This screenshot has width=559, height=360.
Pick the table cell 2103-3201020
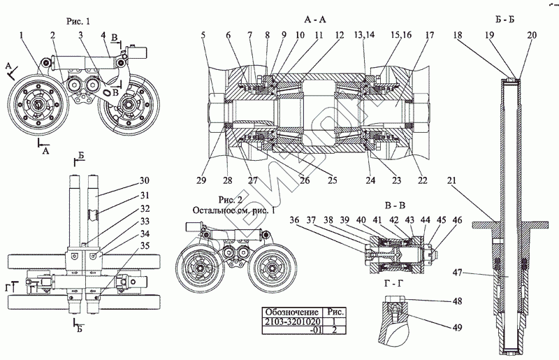pyautogui.click(x=289, y=322)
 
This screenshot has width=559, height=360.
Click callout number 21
pyautogui.click(x=453, y=180)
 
